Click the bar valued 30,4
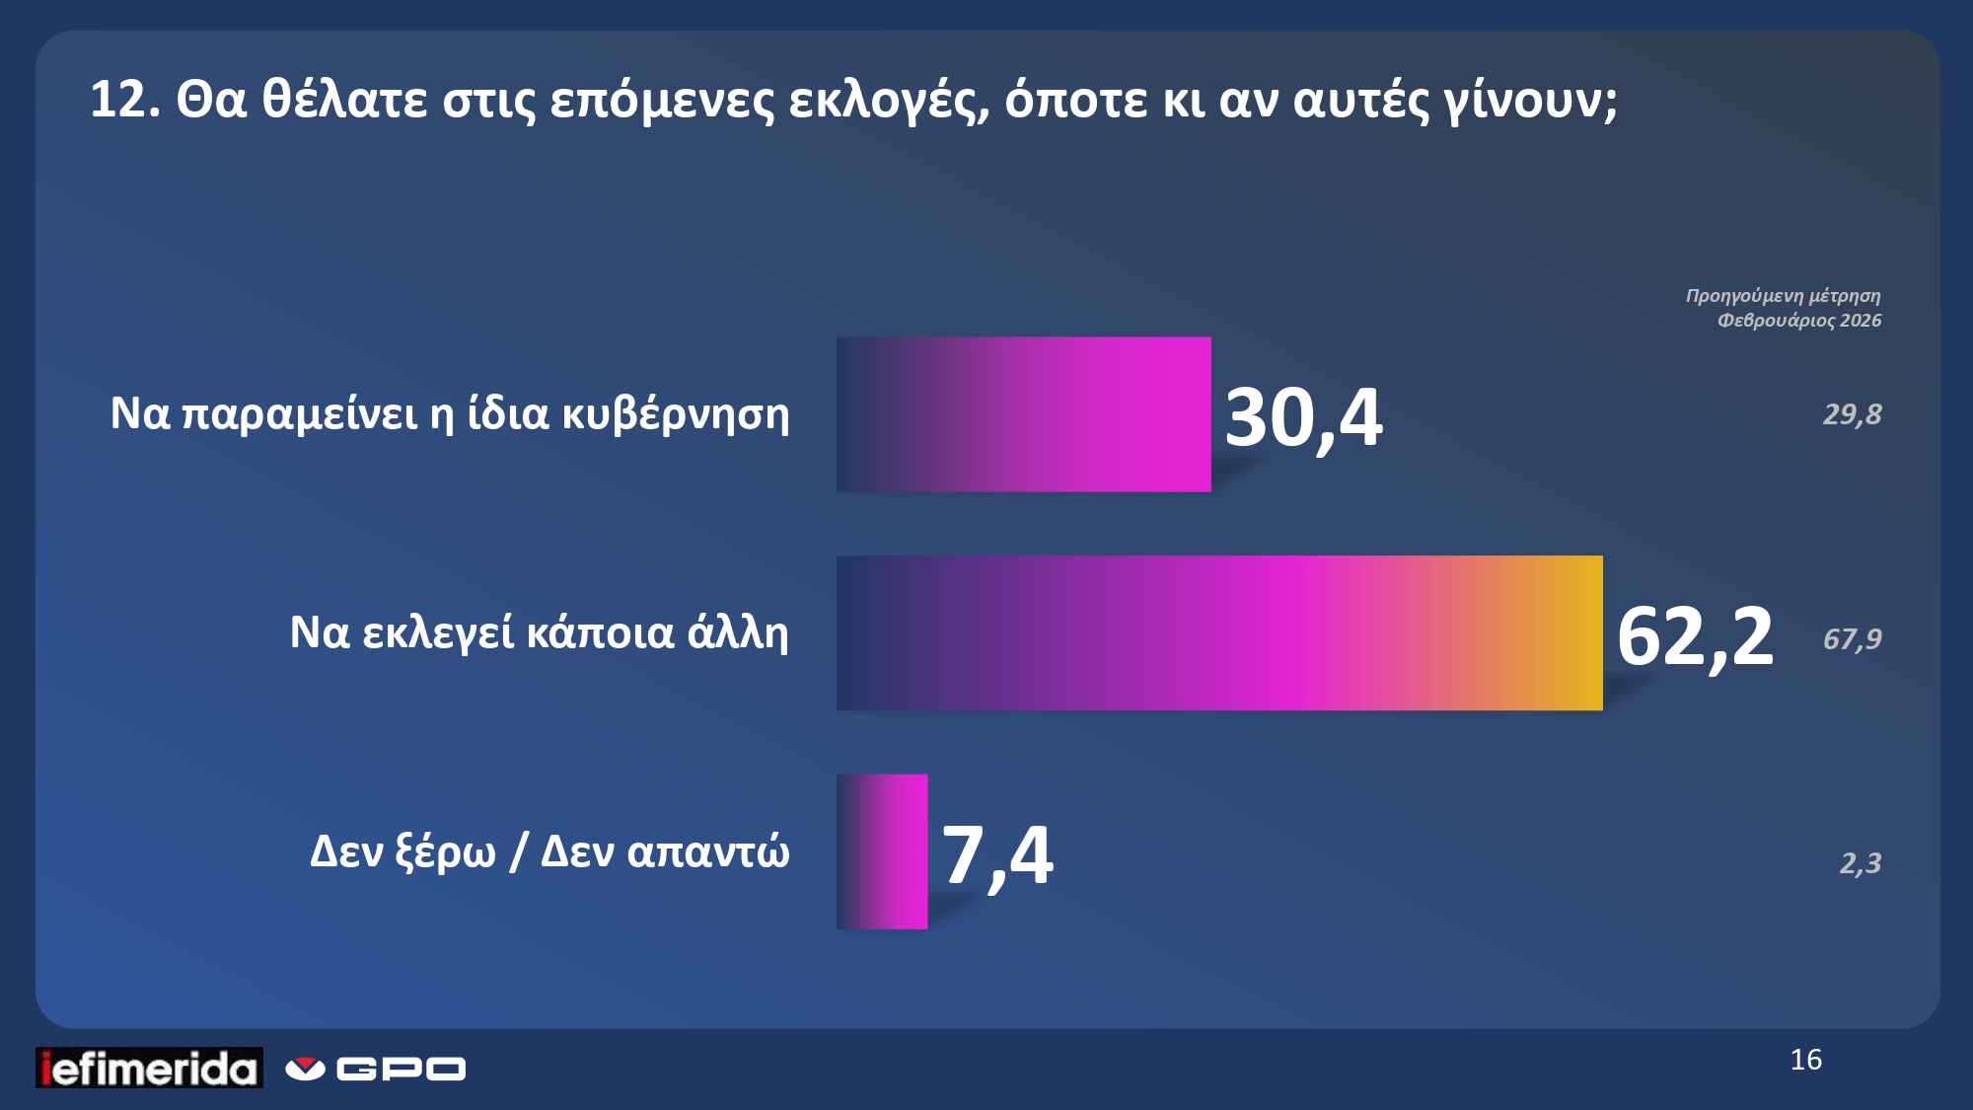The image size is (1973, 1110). tap(1023, 414)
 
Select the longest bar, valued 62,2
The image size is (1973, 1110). tap(1219, 632)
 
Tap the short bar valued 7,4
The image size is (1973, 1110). tap(882, 851)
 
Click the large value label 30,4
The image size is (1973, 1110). tap(1303, 417)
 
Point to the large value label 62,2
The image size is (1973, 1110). tap(1694, 636)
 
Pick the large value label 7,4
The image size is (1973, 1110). tap(997, 854)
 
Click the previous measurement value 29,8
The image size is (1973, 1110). tap(1852, 414)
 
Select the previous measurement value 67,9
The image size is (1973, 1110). tap(1852, 639)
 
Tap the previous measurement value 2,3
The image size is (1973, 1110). tap(1860, 863)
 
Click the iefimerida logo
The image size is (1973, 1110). tap(150, 1068)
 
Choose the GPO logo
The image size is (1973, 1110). tap(376, 1069)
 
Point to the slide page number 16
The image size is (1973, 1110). tap(1805, 1060)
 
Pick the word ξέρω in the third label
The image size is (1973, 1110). tap(445, 851)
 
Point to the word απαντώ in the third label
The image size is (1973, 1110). tap(708, 851)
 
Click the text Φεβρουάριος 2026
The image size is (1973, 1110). tap(1798, 321)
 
